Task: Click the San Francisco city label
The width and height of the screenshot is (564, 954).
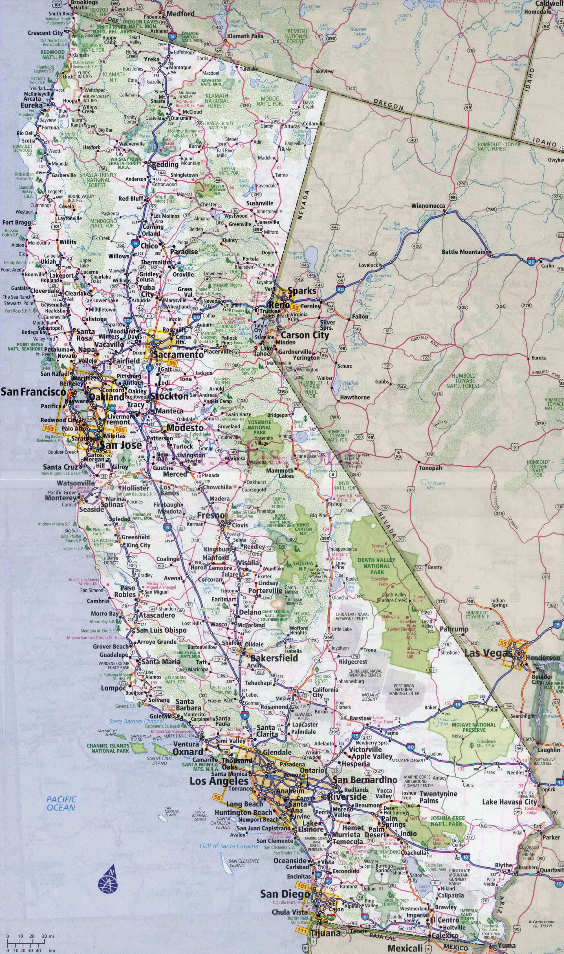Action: (34, 391)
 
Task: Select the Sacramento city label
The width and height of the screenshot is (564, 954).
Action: (178, 354)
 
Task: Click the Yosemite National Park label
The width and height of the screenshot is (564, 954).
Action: (259, 427)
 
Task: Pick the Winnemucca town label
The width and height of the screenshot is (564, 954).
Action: (428, 206)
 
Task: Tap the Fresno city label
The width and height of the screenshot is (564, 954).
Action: (211, 515)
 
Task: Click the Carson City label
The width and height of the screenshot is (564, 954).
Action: (305, 335)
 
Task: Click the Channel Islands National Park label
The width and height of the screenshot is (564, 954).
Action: (108, 748)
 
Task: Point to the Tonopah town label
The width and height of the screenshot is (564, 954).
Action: (430, 468)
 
